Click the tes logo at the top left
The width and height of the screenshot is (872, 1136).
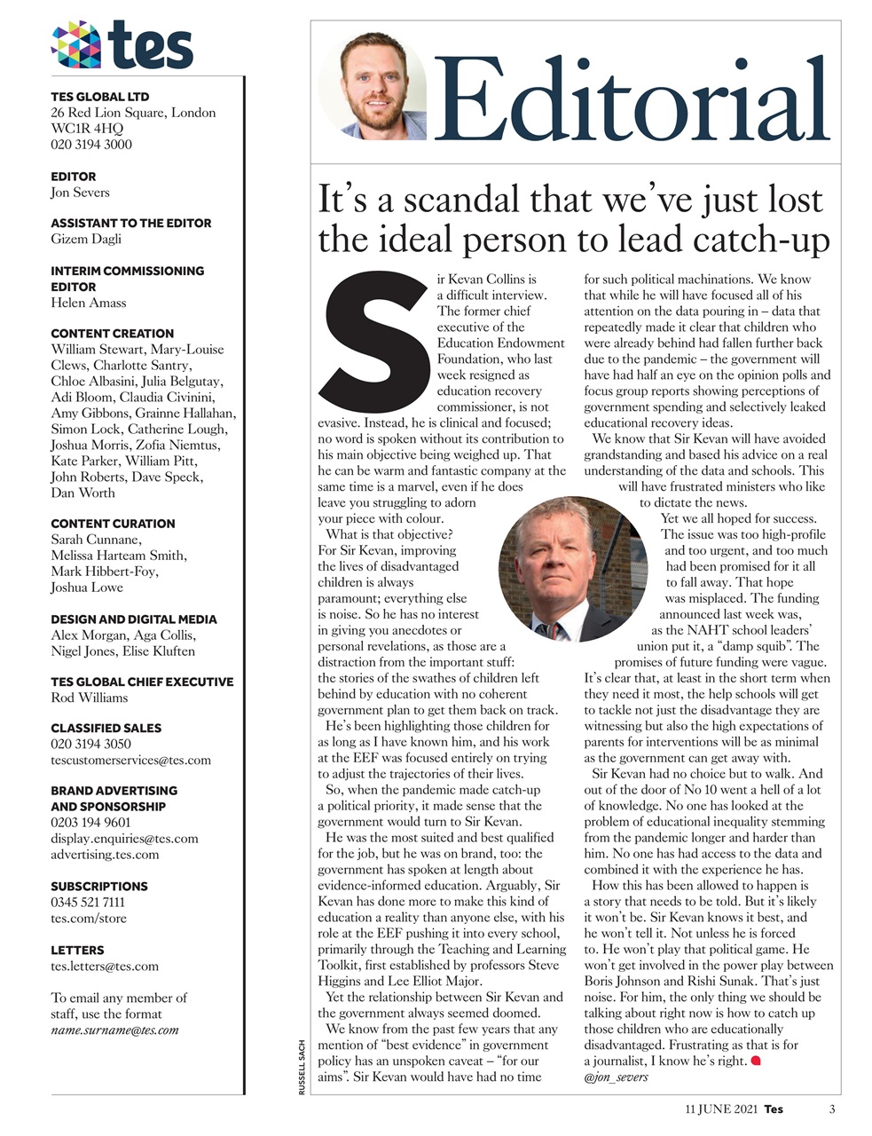click(x=122, y=44)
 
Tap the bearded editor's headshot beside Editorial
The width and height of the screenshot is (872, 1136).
click(x=373, y=87)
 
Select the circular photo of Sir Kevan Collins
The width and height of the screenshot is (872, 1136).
click(x=574, y=569)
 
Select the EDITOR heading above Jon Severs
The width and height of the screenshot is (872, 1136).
click(x=74, y=177)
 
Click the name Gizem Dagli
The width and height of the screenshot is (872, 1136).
click(x=86, y=239)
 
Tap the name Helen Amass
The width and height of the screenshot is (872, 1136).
click(x=89, y=303)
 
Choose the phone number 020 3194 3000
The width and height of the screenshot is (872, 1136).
click(x=91, y=145)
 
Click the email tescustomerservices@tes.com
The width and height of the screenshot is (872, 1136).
click(x=131, y=760)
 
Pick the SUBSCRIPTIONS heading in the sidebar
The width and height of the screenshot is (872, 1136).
click(x=99, y=886)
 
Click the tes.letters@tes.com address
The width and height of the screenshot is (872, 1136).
click(x=105, y=966)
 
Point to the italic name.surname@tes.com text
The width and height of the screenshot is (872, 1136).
click(x=115, y=1030)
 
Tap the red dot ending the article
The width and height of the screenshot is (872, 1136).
click(x=756, y=1061)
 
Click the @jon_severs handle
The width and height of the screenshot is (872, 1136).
click(x=617, y=1077)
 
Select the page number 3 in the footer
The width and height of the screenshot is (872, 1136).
click(x=832, y=1109)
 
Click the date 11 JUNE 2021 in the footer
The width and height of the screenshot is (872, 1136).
click(x=721, y=1109)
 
